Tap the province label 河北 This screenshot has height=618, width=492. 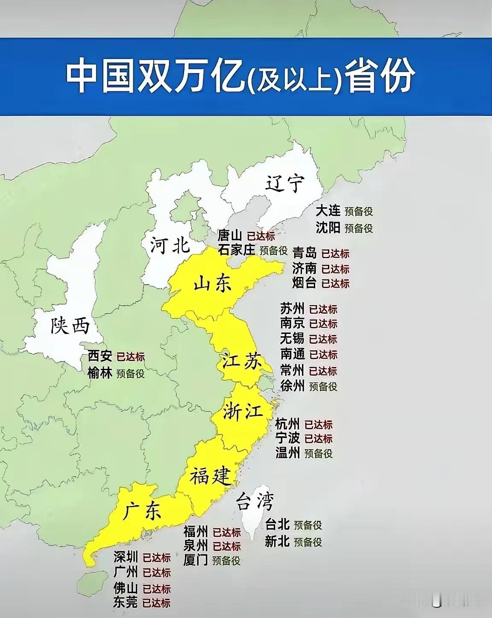tap(170, 246)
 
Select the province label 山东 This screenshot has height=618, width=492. tap(212, 283)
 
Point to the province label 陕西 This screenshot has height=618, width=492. tap(70, 326)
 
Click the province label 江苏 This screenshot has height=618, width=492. tap(240, 362)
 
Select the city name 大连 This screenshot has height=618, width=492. tap(328, 211)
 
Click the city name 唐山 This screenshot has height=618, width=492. tap(230, 235)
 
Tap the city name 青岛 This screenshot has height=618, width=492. tap(305, 253)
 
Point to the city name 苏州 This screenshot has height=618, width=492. tap(292, 309)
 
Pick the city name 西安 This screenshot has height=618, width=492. tap(100, 356)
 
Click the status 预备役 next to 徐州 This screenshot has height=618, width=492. tap(323, 386)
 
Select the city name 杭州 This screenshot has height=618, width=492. tap(287, 424)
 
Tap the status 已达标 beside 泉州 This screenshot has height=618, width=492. tap(227, 546)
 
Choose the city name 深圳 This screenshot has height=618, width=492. tap(126, 557)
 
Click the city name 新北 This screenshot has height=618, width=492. tap(277, 541)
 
